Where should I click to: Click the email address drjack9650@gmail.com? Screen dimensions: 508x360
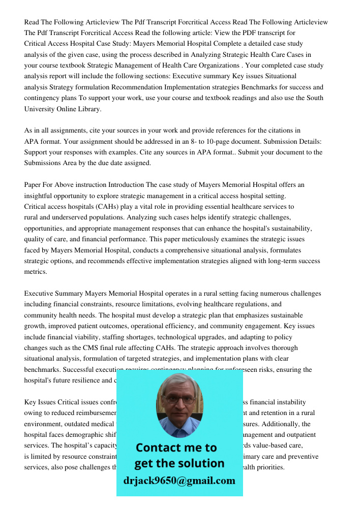(x=179, y=481)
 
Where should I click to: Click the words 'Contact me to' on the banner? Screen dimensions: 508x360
(x=176, y=448)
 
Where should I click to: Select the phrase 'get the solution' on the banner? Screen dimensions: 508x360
(x=179, y=463)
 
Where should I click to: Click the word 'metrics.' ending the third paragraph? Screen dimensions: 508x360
(x=36, y=272)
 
